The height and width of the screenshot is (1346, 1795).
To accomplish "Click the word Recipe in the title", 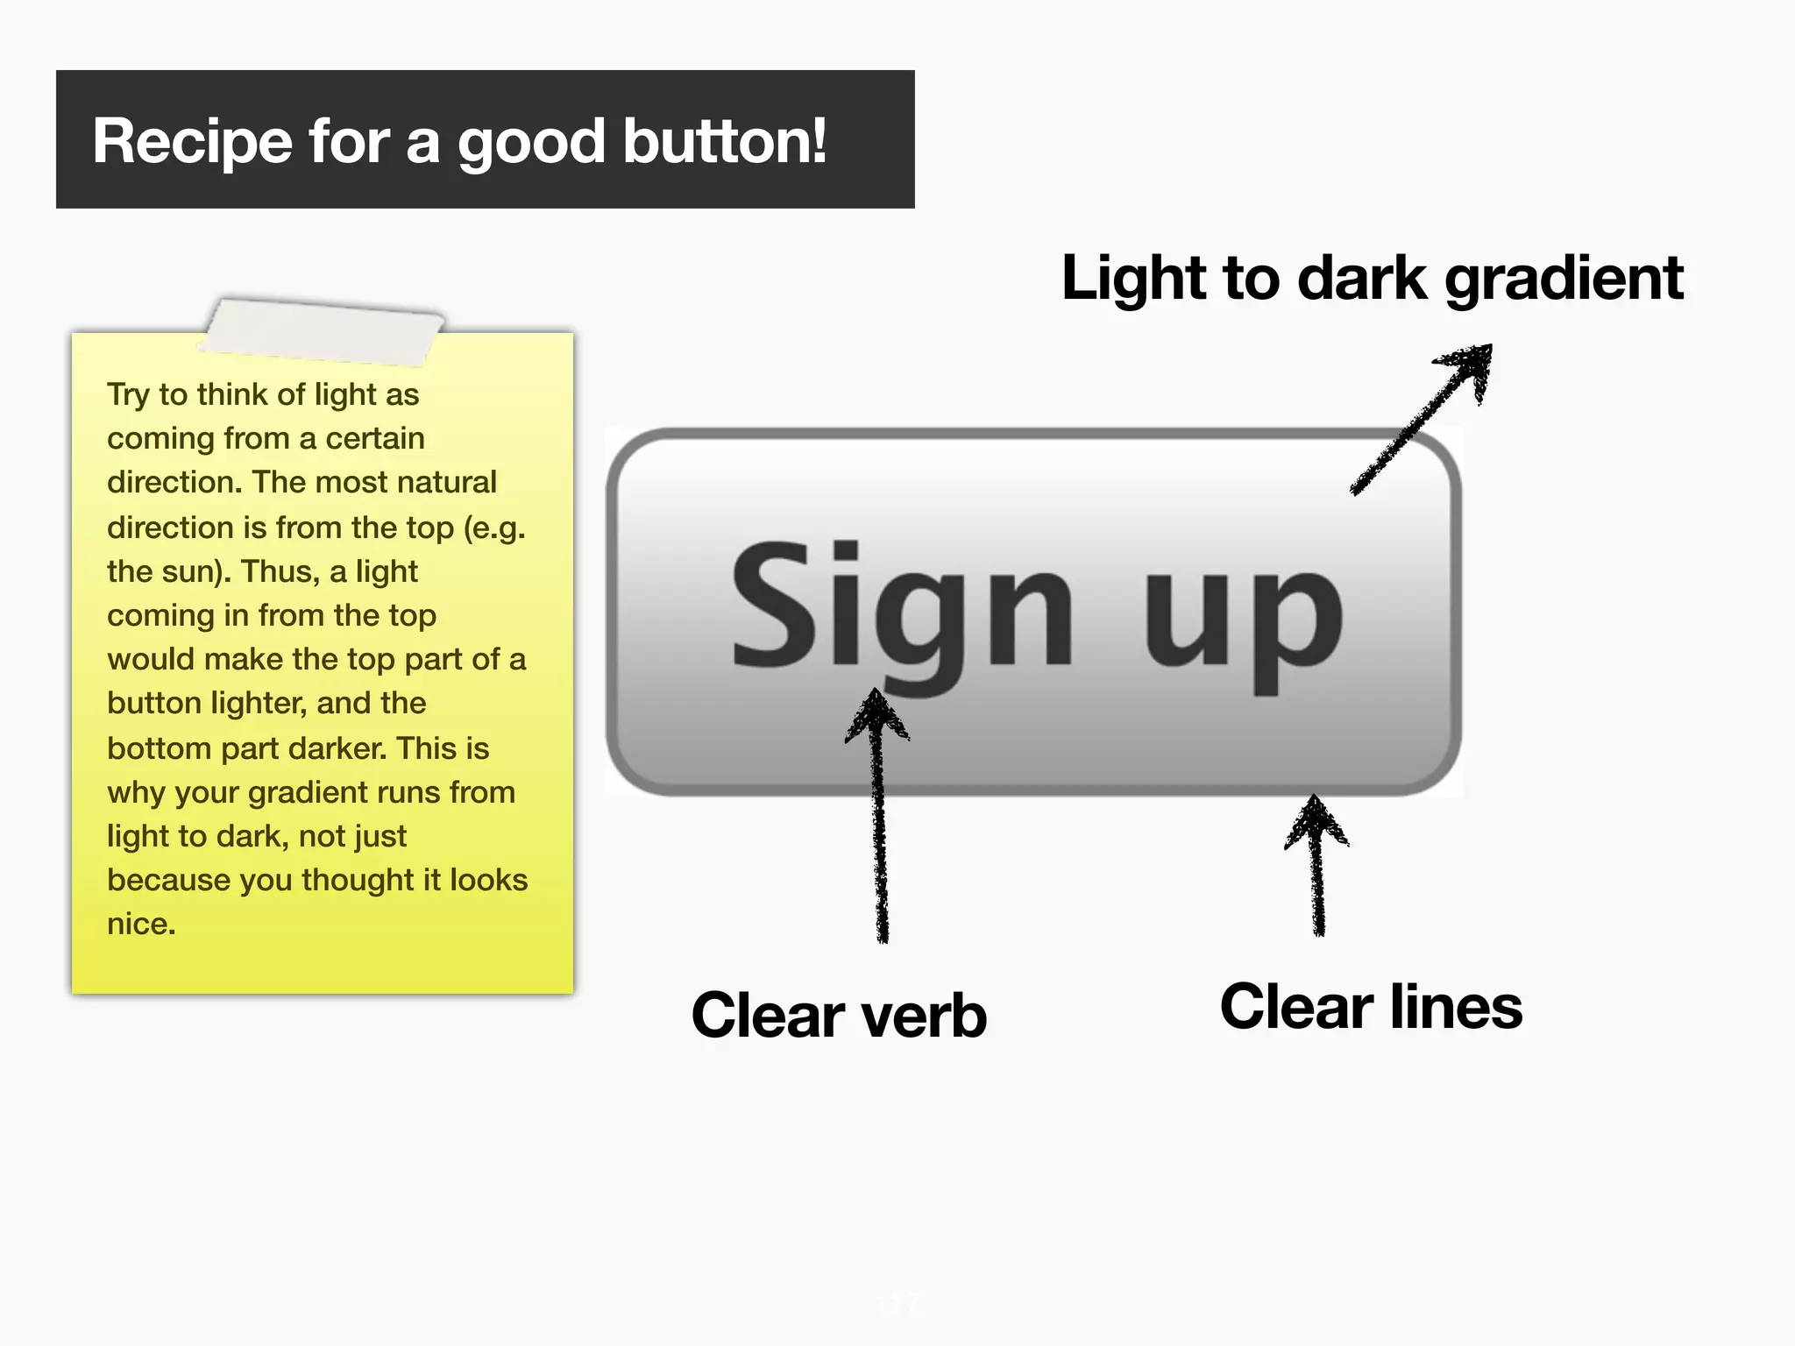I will click(192, 142).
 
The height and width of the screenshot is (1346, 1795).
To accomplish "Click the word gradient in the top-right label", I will click(1564, 280).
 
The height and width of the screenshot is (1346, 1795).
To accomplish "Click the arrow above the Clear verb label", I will click(879, 815).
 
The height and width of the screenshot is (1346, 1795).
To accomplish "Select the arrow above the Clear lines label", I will click(1316, 863).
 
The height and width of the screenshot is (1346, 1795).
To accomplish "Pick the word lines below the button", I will click(1456, 1007).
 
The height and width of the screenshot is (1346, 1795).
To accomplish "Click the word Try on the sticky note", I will click(127, 395).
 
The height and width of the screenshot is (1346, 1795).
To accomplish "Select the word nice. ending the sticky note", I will click(141, 924).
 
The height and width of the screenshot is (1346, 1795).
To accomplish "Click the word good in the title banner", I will click(531, 143).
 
